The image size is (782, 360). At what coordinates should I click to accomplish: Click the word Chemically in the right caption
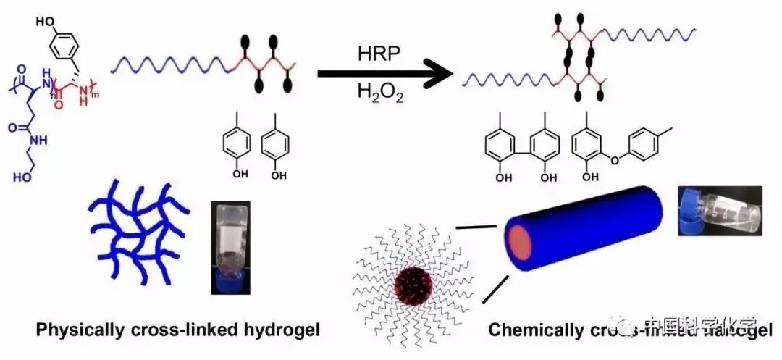529,330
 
